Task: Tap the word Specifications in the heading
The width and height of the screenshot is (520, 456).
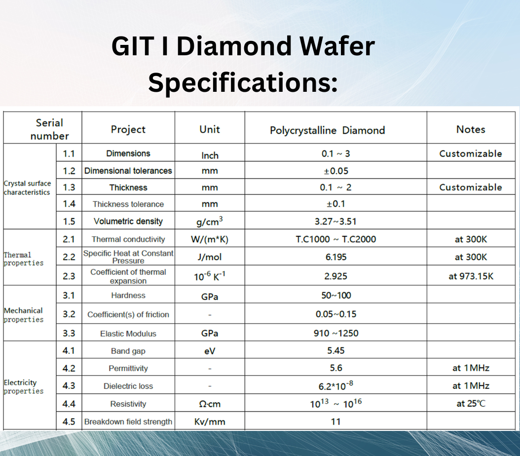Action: pyautogui.click(x=243, y=82)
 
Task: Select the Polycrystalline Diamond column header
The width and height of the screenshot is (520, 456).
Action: pyautogui.click(x=327, y=130)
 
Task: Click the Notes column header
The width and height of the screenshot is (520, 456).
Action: pyautogui.click(x=471, y=129)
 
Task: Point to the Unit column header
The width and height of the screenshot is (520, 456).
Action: pyautogui.click(x=210, y=129)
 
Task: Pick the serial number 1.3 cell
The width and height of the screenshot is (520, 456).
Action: pyautogui.click(x=69, y=188)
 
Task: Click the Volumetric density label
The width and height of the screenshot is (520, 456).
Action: pyautogui.click(x=128, y=221)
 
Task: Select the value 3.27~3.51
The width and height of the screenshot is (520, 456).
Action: pyautogui.click(x=335, y=221)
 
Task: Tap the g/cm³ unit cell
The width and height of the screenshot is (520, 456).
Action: pyautogui.click(x=210, y=221)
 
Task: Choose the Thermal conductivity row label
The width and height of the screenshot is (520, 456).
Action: pyautogui.click(x=128, y=239)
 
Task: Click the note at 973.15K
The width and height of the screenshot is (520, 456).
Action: pyautogui.click(x=471, y=276)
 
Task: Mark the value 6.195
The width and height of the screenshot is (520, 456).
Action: pyautogui.click(x=336, y=257)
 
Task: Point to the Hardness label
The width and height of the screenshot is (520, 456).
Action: pyautogui.click(x=128, y=295)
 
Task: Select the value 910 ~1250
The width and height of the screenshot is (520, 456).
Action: pyautogui.click(x=336, y=333)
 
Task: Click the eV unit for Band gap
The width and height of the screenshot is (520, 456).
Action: pyautogui.click(x=210, y=351)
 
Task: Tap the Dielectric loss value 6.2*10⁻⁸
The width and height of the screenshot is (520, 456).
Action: pyautogui.click(x=335, y=385)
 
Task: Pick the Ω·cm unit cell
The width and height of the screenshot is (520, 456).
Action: pyautogui.click(x=210, y=404)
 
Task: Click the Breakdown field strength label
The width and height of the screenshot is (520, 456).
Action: pyautogui.click(x=128, y=422)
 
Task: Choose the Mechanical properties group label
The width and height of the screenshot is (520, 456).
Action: pyautogui.click(x=23, y=315)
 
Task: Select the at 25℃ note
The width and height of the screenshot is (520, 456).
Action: pyautogui.click(x=471, y=404)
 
